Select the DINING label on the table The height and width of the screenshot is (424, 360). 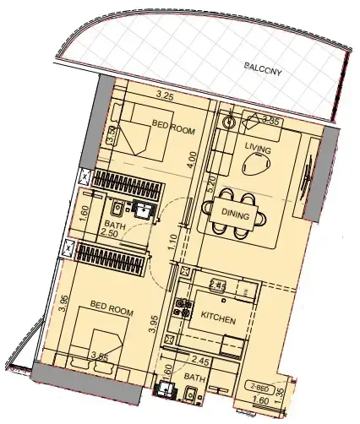coord(234,215)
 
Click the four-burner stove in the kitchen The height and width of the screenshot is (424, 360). coord(180,308)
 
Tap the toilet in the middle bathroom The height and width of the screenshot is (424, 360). coord(116,209)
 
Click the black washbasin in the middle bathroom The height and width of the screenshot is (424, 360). coord(142,209)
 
